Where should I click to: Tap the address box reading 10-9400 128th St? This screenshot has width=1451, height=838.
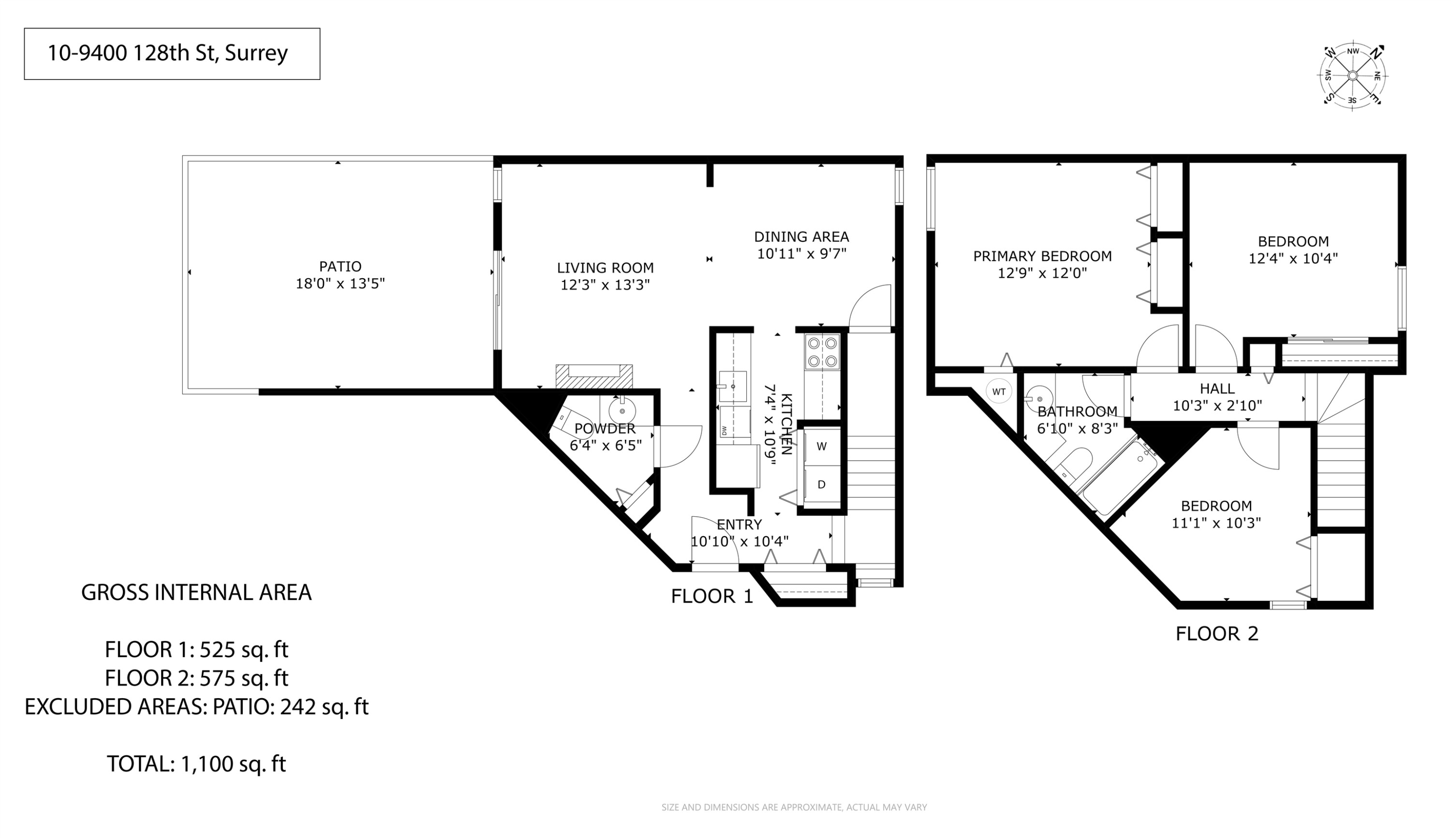171,54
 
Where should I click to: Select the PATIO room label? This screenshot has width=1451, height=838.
340,267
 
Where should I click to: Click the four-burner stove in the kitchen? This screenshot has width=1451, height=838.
822,352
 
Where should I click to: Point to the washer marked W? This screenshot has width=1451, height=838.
822,446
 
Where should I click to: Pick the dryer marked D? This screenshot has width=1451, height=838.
822,485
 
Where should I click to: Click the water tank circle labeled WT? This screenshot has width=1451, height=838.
998,392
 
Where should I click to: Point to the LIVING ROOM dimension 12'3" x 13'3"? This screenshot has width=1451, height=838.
605,285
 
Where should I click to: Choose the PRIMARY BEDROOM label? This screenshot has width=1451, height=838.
1042,256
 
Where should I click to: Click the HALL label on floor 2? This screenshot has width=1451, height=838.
1217,389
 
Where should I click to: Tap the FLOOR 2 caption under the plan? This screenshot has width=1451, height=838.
1217,634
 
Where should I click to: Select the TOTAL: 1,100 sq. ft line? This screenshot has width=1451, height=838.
196,764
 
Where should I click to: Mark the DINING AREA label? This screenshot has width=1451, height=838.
801,237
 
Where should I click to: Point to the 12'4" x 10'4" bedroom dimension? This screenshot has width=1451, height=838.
1293,259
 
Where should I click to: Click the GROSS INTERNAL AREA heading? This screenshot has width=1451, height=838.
196,592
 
